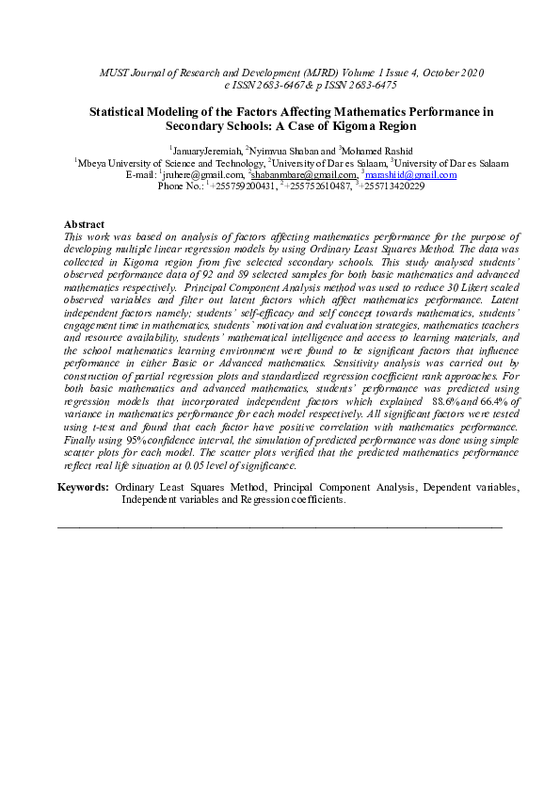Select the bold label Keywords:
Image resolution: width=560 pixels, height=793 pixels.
point(83,488)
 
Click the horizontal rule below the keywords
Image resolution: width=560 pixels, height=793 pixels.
point(280,527)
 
